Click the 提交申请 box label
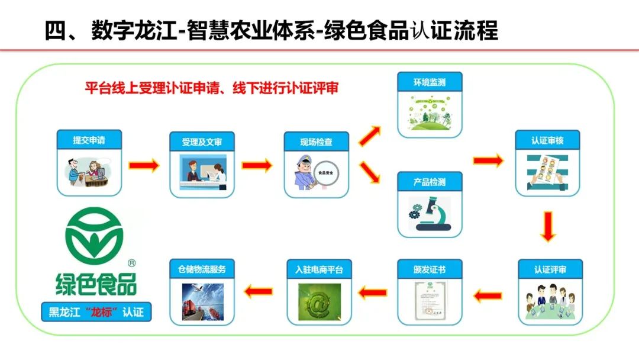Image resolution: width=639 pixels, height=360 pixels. point(89,140)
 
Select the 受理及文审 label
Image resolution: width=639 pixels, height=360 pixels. point(202,142)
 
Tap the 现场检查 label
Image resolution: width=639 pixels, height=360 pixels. point(317,142)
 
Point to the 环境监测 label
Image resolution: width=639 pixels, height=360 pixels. point(430,82)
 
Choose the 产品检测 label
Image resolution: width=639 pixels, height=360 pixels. point(430,182)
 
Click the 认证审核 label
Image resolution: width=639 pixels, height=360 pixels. point(547,142)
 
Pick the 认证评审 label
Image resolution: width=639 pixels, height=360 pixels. point(550,269)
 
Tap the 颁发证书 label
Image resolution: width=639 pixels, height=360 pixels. point(430,269)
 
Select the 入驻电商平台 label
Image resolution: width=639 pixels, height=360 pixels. point(319,269)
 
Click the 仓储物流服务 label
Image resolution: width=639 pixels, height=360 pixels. point(202,269)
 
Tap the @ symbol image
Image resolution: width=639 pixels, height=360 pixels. point(319,302)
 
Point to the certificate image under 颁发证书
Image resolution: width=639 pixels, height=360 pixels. point(430,302)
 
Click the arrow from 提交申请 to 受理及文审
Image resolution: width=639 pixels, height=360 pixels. point(144,165)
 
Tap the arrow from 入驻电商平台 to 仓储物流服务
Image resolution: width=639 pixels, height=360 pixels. point(259,291)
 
